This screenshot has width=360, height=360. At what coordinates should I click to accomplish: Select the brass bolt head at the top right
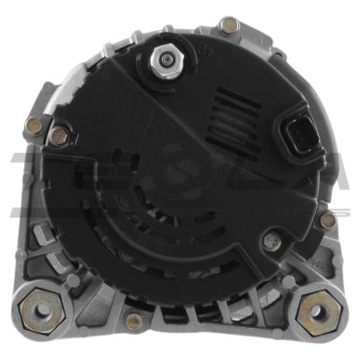229,25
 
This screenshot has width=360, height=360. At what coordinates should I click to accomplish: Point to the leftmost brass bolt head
33,124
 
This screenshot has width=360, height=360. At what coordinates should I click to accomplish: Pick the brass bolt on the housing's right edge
327,220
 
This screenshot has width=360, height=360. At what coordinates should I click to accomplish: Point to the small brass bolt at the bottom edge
134,321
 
